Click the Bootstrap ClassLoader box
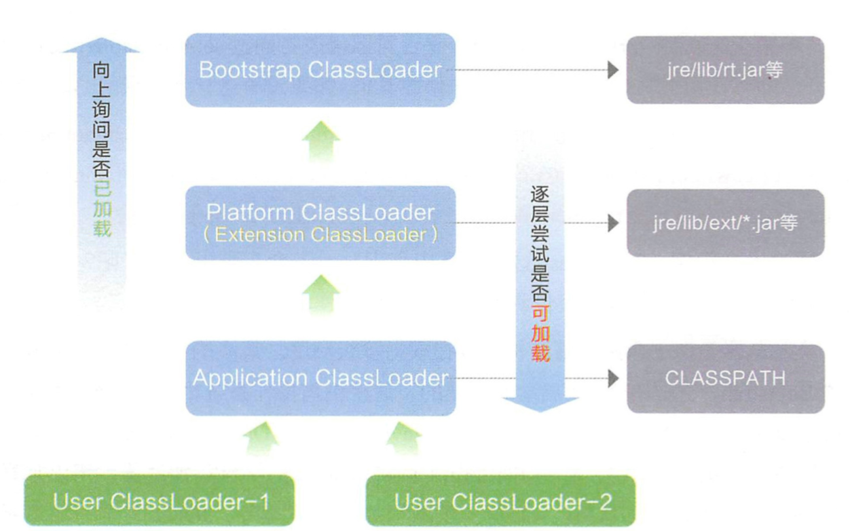pyautogui.click(x=320, y=70)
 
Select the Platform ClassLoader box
pyautogui.click(x=320, y=223)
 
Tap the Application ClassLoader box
pyautogui.click(x=320, y=378)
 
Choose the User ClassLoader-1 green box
pyautogui.click(x=160, y=500)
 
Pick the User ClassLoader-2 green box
pyautogui.click(x=500, y=500)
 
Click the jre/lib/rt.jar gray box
pyautogui.click(x=725, y=70)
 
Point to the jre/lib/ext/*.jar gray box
pyautogui.click(x=725, y=223)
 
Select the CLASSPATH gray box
pyautogui.click(x=726, y=378)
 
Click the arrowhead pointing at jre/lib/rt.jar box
pyautogui.click(x=613, y=70)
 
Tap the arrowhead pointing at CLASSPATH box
pyautogui.click(x=613, y=378)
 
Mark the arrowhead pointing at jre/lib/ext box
pyautogui.click(x=613, y=223)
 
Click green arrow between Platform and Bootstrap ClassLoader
pyautogui.click(x=321, y=143)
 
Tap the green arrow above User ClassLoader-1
pyautogui.click(x=261, y=439)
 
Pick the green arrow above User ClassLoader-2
pyautogui.click(x=404, y=439)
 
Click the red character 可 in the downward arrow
pyautogui.click(x=540, y=313)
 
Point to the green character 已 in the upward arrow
pyautogui.click(x=102, y=189)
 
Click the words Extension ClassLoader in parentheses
pyautogui.click(x=320, y=234)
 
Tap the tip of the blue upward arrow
pyautogui.click(x=101, y=37)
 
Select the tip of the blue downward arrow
pyautogui.click(x=540, y=411)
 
